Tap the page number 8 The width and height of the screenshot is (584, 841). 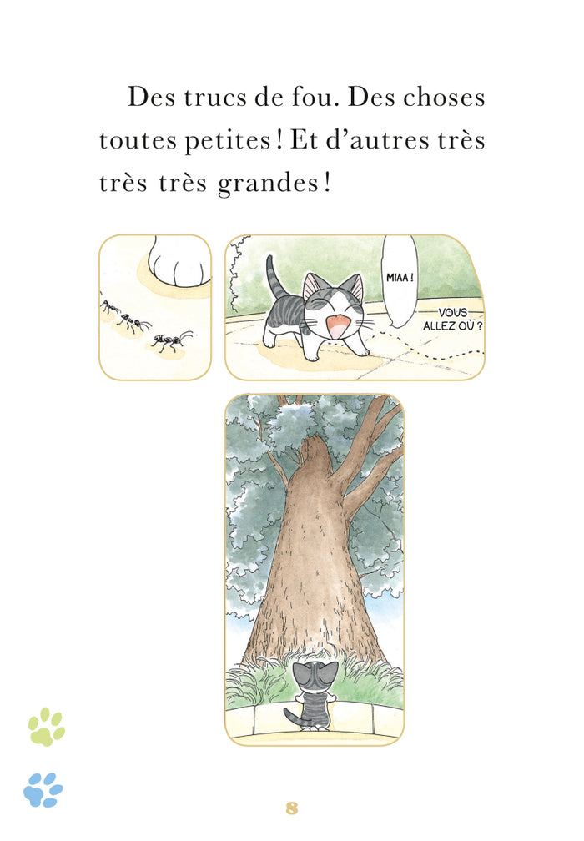292,808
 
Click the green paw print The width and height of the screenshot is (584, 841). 46,726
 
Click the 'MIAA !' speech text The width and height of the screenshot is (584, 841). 401,276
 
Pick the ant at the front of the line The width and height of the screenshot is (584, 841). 171,340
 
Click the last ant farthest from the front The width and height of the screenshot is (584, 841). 109,306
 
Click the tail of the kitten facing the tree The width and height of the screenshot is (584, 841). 291,717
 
